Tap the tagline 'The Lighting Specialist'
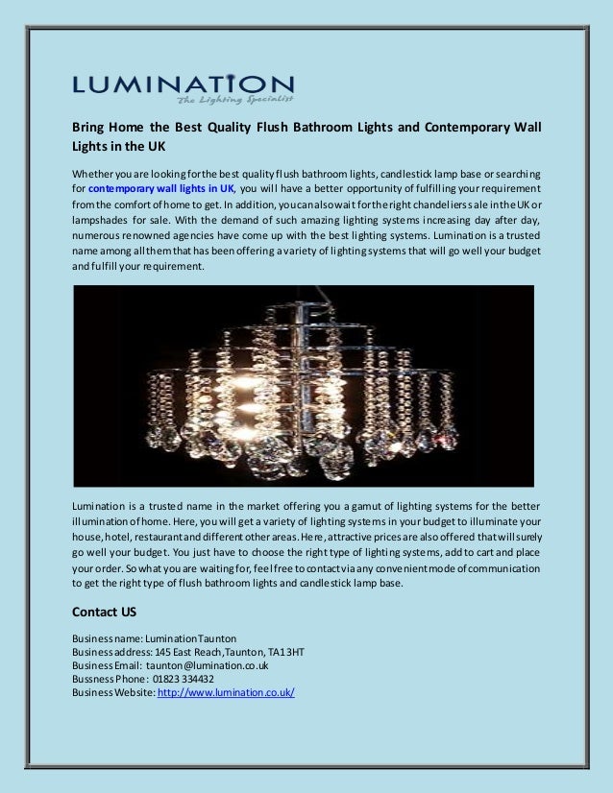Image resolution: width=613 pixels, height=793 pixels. (234, 99)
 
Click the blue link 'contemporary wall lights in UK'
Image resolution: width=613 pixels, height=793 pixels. (154, 189)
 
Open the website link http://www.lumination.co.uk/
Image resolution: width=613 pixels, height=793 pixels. (226, 691)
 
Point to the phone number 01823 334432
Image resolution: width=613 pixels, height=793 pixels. (183, 678)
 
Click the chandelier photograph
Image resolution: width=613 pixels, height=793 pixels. (303, 384)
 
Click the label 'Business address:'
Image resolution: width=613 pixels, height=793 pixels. (110, 651)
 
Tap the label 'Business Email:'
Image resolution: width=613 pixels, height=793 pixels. (106, 664)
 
